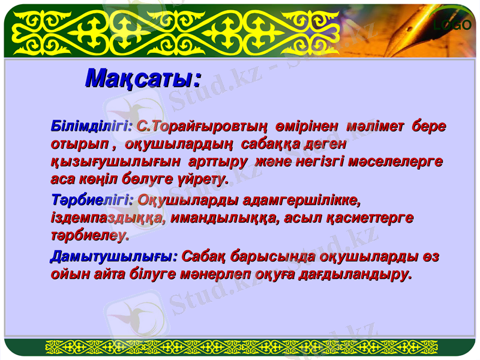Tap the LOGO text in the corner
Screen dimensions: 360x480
pos(454,25)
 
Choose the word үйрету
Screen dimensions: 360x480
pos(202,179)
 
